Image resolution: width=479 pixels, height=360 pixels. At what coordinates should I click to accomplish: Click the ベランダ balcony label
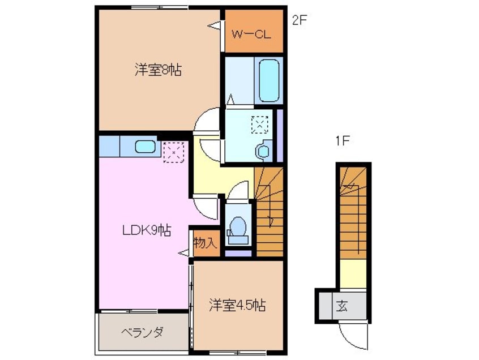142,332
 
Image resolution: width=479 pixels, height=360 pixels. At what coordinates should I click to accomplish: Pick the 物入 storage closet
205,244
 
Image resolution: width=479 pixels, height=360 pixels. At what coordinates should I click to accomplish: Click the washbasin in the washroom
263,151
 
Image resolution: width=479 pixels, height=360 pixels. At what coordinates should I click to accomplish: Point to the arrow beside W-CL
215,25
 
